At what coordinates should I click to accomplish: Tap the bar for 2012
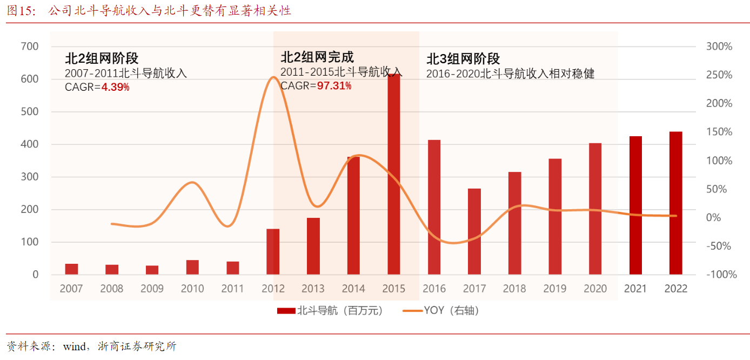273,251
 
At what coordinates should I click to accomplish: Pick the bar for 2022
676,203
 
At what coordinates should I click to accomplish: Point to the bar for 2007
71,269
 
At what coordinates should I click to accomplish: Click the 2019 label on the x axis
555,289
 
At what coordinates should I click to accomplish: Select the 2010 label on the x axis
192,289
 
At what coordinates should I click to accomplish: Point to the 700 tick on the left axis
29,46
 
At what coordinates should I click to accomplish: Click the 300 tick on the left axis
29,177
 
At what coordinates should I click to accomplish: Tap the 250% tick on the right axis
719,75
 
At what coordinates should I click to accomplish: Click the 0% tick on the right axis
714,217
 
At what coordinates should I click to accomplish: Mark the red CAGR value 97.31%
334,85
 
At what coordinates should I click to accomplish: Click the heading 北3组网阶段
463,59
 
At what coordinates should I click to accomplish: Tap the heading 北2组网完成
317,57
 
